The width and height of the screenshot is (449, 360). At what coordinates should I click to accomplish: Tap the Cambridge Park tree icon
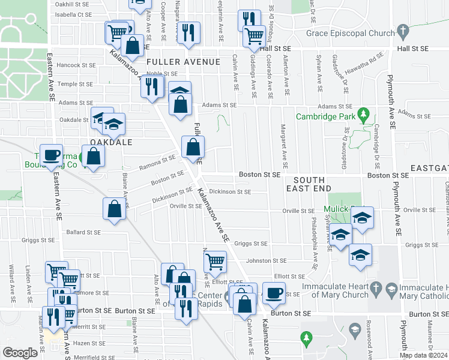click(362, 113)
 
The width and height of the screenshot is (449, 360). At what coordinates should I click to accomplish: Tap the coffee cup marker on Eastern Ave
click(52, 155)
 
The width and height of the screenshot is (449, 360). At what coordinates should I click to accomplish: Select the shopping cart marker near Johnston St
click(215, 261)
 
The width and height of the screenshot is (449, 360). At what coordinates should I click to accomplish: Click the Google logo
click(19, 353)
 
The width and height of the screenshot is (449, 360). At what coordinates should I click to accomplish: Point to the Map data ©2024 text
click(424, 355)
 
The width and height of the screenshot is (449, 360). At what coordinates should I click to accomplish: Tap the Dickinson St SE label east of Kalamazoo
click(229, 193)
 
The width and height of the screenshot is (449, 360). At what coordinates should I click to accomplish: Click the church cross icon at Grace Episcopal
click(403, 29)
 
